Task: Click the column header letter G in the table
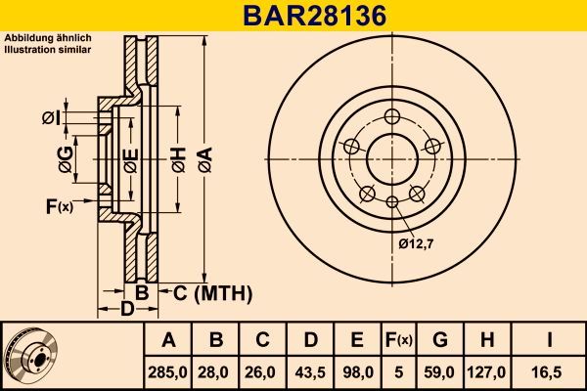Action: pyautogui.click(x=440, y=340)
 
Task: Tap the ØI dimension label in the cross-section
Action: pyautogui.click(x=50, y=118)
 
